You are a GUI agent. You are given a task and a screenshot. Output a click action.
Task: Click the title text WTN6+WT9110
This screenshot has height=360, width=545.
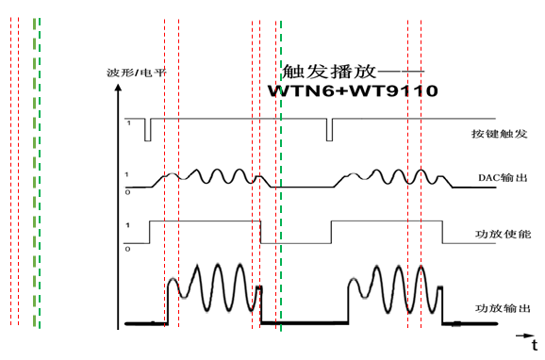pos(353,91)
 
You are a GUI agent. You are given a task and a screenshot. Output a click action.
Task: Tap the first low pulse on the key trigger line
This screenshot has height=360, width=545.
pos(147,130)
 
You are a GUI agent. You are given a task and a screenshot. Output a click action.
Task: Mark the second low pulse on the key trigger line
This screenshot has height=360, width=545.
pos(329,130)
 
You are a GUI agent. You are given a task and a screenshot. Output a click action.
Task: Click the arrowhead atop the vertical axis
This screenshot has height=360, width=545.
pos(117,90)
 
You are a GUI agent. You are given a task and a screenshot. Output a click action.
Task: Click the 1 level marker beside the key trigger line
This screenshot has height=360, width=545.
pos(128,123)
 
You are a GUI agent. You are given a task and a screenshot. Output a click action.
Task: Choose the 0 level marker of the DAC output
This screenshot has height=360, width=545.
pos(128,192)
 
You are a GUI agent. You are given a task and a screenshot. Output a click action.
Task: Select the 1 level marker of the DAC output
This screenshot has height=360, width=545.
pos(128,176)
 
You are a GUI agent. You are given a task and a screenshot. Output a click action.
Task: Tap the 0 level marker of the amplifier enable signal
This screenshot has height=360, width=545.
pos(128,249)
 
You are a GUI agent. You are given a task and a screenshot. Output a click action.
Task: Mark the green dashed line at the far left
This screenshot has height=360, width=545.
pos(37,170)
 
